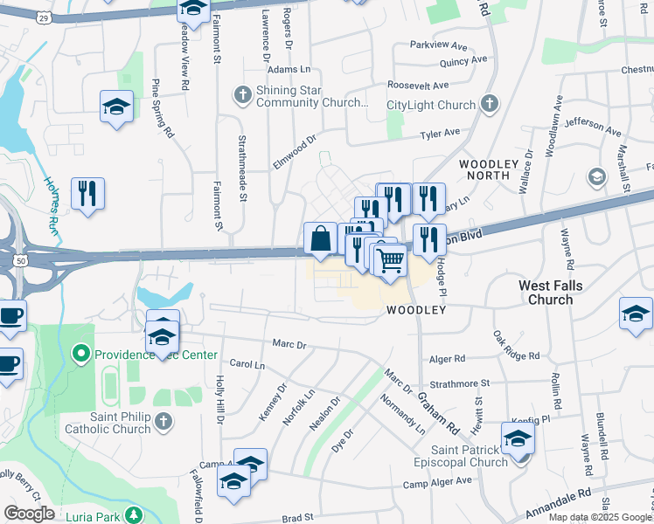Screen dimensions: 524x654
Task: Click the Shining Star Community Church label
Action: click(311, 96)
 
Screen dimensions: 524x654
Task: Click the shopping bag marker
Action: click(321, 238)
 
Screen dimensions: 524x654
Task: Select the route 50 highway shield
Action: click(19, 259)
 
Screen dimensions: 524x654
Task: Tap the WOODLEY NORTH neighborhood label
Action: click(484, 169)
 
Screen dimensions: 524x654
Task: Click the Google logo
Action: click(29, 514)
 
